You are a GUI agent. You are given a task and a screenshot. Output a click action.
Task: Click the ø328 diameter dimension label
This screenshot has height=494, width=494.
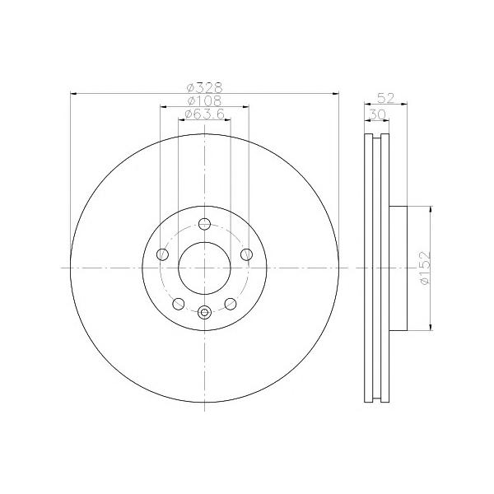click(204, 87)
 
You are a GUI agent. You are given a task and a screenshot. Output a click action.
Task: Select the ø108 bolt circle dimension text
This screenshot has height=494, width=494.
click(204, 100)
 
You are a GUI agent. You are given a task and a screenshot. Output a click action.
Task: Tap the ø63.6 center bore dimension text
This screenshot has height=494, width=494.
click(204, 114)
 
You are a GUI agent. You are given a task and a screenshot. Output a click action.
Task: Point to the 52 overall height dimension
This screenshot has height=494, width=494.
click(386, 98)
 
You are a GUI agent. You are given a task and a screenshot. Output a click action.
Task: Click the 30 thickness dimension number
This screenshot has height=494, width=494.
click(377, 114)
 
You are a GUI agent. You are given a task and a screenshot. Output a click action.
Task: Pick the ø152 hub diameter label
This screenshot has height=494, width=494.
click(425, 268)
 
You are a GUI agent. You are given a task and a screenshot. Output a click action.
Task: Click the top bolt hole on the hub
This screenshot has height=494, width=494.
click(204, 224)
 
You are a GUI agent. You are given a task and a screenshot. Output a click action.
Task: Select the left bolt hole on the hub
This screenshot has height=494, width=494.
click(162, 254)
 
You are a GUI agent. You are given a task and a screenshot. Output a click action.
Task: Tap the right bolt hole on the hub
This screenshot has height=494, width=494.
click(246, 254)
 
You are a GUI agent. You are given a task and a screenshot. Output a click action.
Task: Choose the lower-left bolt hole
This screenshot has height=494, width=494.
click(179, 304)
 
